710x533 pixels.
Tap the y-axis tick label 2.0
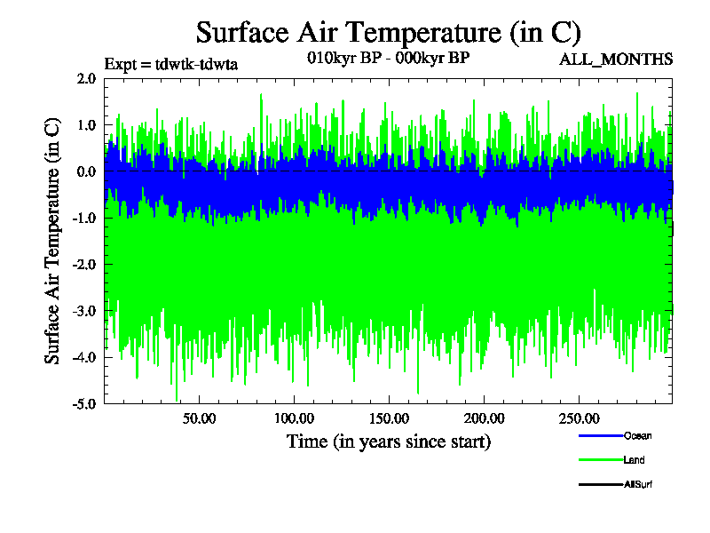(x=86, y=79)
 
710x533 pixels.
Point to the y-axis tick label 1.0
(x=86, y=125)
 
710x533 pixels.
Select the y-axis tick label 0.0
(x=86, y=171)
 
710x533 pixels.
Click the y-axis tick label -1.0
(x=84, y=218)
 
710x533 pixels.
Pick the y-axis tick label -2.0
(x=84, y=265)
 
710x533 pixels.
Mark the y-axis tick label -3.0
(x=84, y=311)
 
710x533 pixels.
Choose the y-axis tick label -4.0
(x=84, y=357)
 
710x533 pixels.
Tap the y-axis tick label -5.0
(x=84, y=403)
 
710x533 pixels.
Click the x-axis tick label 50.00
(x=200, y=418)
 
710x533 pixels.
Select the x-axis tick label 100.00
(x=295, y=418)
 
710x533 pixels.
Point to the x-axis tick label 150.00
(x=389, y=418)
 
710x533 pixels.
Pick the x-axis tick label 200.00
(x=484, y=418)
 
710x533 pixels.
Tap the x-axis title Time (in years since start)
(x=389, y=441)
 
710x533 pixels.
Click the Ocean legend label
(x=637, y=435)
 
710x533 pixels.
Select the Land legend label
(x=634, y=460)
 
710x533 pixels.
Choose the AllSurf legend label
(x=639, y=484)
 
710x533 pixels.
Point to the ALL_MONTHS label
(x=615, y=60)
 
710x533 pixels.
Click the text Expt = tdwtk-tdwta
(x=171, y=64)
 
